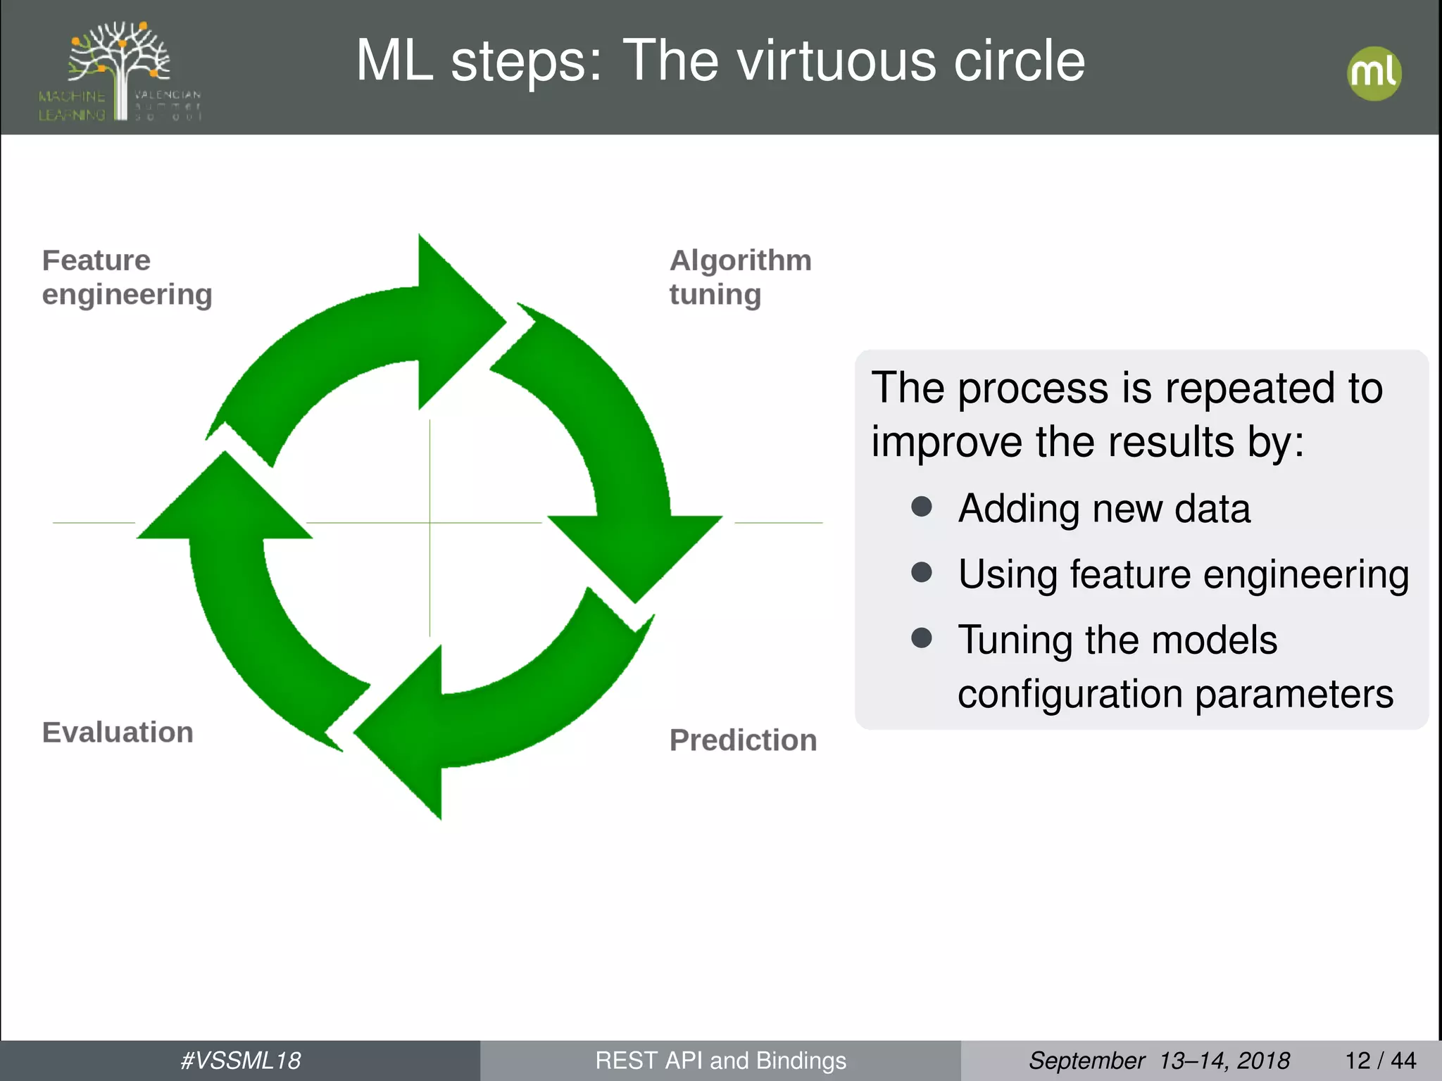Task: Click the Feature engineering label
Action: (127, 277)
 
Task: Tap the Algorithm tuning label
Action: (739, 277)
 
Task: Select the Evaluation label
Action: (118, 733)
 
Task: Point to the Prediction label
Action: (743, 740)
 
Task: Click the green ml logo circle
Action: (1374, 73)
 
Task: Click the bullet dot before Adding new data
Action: (922, 507)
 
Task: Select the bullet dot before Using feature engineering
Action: (922, 571)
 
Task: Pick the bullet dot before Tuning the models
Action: (922, 638)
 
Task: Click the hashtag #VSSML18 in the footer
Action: (240, 1061)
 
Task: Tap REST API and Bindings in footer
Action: (720, 1061)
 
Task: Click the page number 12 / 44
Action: (1380, 1061)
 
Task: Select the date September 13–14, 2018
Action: (1159, 1061)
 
